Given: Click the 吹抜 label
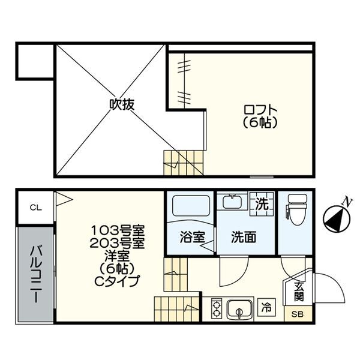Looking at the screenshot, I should coord(121,104).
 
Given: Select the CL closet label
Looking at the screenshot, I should coord(36,208).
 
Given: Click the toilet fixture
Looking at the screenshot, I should coord(295,210).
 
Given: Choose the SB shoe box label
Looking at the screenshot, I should coord(298,314).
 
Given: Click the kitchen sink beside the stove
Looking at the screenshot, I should coord(239,310).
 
